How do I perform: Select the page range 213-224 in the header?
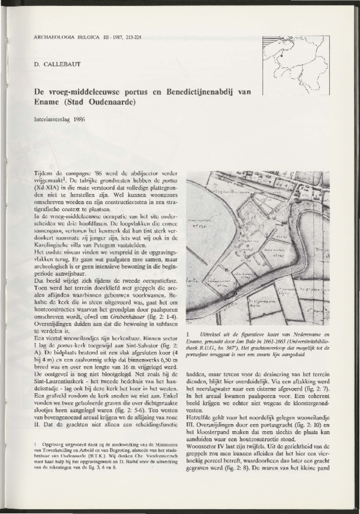128,36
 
